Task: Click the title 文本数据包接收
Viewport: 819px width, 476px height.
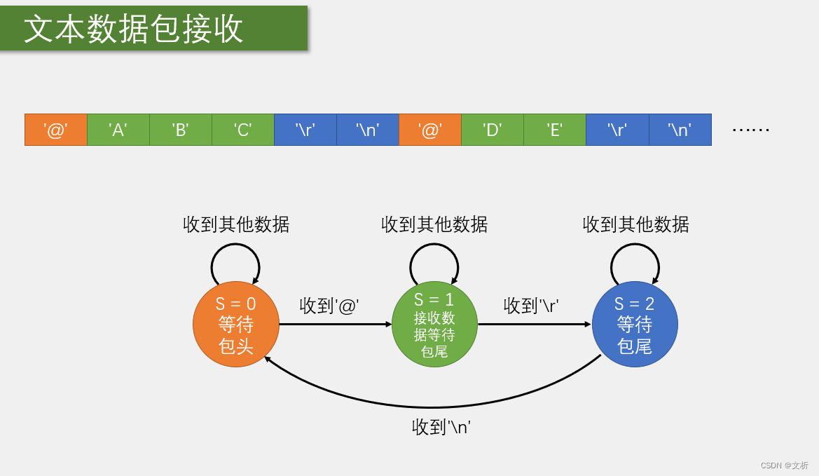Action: (134, 29)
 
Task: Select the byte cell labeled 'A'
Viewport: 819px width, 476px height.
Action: (118, 130)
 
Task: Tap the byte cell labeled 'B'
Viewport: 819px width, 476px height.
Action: (181, 130)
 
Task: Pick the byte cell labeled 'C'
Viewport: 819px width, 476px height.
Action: (243, 130)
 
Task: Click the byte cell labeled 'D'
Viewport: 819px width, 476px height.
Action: (493, 130)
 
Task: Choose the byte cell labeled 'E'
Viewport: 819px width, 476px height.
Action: (555, 130)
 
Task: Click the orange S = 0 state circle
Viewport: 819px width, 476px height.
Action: (236, 325)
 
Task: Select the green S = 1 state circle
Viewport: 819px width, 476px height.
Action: (434, 325)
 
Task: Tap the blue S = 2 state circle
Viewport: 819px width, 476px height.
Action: (635, 325)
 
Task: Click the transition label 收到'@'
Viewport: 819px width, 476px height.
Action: (329, 306)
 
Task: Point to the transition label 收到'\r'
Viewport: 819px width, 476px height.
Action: (531, 306)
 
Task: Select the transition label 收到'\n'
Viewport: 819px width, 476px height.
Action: (441, 426)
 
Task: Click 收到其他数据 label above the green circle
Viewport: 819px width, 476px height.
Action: (434, 224)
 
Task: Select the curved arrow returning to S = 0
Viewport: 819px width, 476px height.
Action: (432, 407)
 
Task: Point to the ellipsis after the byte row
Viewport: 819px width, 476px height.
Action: (750, 130)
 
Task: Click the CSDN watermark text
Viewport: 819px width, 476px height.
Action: (784, 465)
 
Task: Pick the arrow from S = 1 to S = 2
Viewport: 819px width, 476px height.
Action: (535, 325)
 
